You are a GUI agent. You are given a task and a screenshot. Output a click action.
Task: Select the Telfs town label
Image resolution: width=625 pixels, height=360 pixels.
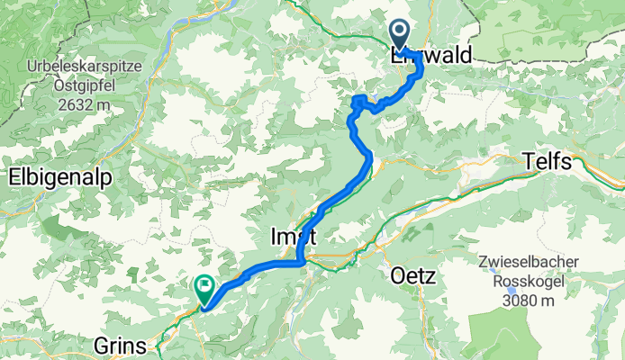pos(548,163)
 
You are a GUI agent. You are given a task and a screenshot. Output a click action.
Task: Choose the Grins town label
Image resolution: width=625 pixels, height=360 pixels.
pos(122,344)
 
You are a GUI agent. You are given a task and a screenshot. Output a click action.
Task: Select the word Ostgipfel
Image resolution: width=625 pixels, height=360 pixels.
pos(72,85)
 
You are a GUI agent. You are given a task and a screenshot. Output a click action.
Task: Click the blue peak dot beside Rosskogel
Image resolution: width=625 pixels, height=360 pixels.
pos(512,292)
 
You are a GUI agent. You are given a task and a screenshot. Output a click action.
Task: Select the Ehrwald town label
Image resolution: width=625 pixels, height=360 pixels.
pos(431,56)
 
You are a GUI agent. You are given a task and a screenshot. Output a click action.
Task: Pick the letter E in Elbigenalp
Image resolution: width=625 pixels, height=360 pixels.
pos(14,178)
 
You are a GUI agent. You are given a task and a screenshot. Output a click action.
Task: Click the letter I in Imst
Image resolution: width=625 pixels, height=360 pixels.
pos(274,237)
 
